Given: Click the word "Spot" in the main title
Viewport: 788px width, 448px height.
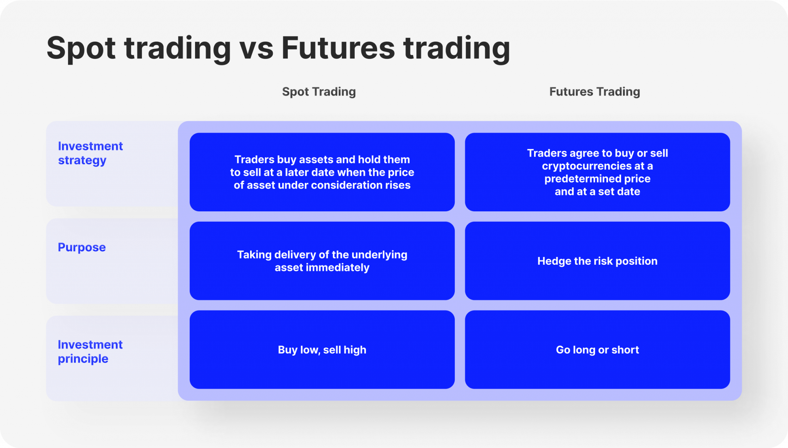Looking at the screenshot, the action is point(81,48).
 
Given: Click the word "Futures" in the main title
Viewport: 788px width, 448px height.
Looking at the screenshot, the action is point(338,48).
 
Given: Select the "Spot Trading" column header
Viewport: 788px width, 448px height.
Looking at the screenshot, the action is point(319,92).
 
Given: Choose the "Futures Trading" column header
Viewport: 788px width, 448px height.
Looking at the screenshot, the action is point(594,92).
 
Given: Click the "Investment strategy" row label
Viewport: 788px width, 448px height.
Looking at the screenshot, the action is point(90,153).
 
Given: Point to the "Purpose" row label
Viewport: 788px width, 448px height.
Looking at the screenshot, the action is point(82,247).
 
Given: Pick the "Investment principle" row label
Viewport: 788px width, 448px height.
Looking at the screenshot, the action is point(90,351).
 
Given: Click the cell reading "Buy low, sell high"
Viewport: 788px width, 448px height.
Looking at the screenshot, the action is point(322,349).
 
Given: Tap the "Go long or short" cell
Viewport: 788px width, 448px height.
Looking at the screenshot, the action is point(597,349).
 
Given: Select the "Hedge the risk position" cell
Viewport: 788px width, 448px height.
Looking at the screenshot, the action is point(597,261).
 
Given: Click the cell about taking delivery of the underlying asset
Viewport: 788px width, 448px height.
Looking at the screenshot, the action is point(322,261).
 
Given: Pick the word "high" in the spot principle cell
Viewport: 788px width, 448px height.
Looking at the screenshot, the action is point(355,350).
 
